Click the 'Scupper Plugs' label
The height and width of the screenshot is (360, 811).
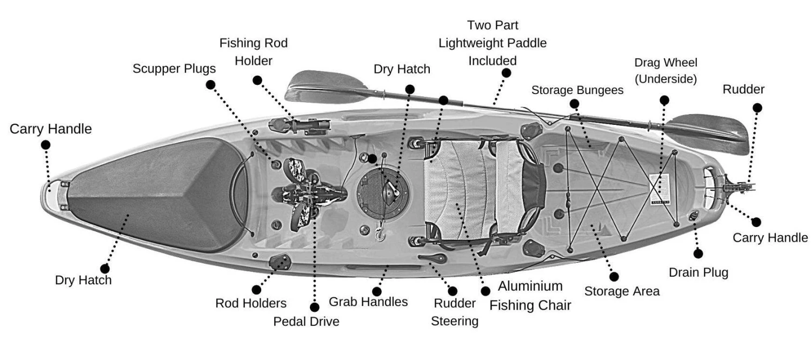click(174, 69)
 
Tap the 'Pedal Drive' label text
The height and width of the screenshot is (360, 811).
click(306, 321)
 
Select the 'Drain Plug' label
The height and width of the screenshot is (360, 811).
click(698, 272)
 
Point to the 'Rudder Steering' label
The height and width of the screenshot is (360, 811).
click(454, 312)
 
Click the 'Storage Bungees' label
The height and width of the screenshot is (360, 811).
click(577, 90)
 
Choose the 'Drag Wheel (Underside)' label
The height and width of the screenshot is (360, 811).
click(665, 70)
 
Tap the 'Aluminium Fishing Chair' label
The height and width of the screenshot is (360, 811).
click(530, 296)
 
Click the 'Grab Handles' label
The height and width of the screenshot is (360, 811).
click(368, 302)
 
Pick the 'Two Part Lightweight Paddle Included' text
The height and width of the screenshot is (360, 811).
click(492, 43)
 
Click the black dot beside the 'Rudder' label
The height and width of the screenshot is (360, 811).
click(757, 108)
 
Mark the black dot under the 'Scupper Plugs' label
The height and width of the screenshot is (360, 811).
click(211, 84)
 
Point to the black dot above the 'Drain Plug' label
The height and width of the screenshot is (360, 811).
click(698, 252)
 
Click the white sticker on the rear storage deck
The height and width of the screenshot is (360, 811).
click(660, 189)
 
